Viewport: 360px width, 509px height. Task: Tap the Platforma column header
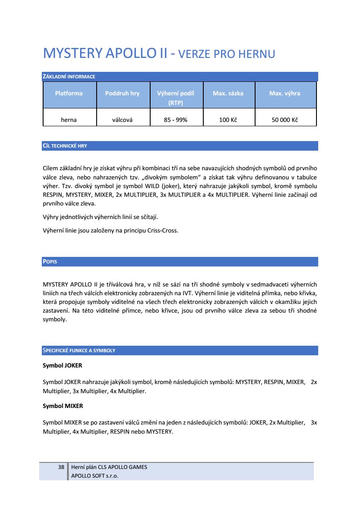click(69, 93)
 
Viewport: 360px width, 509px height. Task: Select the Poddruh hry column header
click(122, 93)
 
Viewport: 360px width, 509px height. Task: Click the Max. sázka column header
click(228, 93)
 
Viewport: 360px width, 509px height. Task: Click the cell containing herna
click(69, 120)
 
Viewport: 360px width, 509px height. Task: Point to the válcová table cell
click(122, 120)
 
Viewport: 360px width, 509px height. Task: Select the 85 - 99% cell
click(175, 120)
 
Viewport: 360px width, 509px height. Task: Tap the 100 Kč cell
click(228, 120)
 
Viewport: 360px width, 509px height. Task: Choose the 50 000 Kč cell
click(285, 120)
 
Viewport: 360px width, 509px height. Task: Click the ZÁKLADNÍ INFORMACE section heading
click(69, 77)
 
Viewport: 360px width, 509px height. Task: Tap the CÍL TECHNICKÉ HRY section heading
click(65, 146)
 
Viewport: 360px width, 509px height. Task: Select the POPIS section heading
click(50, 262)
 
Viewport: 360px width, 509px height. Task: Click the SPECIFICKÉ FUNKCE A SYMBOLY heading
click(79, 351)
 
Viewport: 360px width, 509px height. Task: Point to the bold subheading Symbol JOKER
click(62, 366)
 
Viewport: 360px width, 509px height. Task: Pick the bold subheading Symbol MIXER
click(63, 406)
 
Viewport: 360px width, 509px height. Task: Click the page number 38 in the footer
click(61, 467)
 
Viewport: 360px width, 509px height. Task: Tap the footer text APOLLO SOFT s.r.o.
click(94, 476)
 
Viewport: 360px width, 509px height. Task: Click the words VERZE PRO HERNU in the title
click(227, 54)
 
